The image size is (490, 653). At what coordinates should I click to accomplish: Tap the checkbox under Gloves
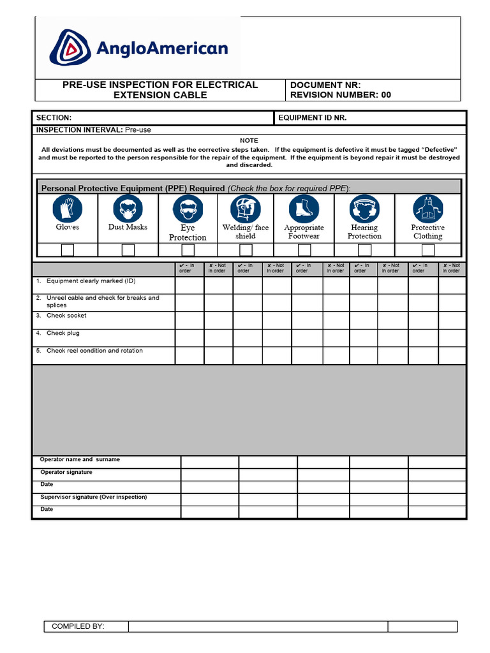click(x=67, y=250)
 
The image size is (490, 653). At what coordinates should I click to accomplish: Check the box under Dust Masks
click(x=128, y=250)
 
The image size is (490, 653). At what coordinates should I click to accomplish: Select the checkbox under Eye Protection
click(x=188, y=250)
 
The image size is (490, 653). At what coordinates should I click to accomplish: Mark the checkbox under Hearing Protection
click(x=364, y=250)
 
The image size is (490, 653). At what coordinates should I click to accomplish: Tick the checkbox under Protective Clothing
click(x=427, y=250)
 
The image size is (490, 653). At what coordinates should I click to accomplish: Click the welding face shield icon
click(x=245, y=209)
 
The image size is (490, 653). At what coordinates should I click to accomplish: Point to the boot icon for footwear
click(x=304, y=209)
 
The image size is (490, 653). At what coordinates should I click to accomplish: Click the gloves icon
click(x=67, y=209)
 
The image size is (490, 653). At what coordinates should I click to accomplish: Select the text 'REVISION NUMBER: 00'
click(x=340, y=95)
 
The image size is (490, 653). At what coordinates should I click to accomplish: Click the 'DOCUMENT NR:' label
click(x=325, y=85)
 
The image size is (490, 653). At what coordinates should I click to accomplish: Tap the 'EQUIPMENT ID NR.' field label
click(x=313, y=118)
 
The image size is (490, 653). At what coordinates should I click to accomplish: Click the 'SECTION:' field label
click(x=54, y=118)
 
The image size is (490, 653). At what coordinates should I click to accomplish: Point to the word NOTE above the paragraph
click(x=249, y=140)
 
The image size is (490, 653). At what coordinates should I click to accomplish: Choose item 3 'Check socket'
click(x=66, y=316)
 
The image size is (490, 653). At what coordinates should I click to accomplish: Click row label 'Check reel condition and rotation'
click(x=94, y=351)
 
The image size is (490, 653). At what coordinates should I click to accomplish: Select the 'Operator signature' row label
click(x=66, y=473)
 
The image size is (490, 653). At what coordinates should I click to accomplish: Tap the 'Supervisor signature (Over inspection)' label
click(x=93, y=497)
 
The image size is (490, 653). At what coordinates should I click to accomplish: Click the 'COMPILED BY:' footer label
click(x=78, y=626)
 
